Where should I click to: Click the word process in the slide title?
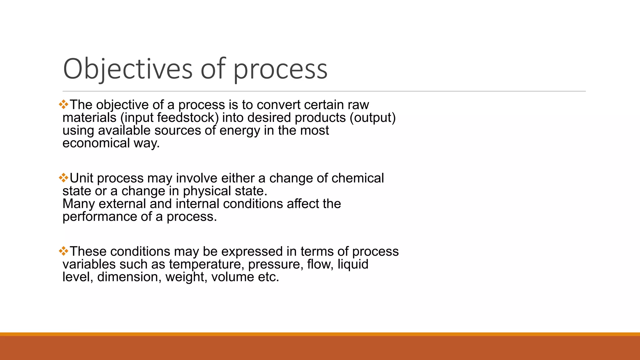[280, 69]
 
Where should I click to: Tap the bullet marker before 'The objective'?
[63, 104]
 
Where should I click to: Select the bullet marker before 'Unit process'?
[63, 178]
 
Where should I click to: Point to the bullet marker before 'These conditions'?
[63, 251]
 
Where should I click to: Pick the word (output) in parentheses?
[372, 117]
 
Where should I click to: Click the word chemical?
[357, 178]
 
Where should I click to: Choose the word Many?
[78, 204]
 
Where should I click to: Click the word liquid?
[353, 264]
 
